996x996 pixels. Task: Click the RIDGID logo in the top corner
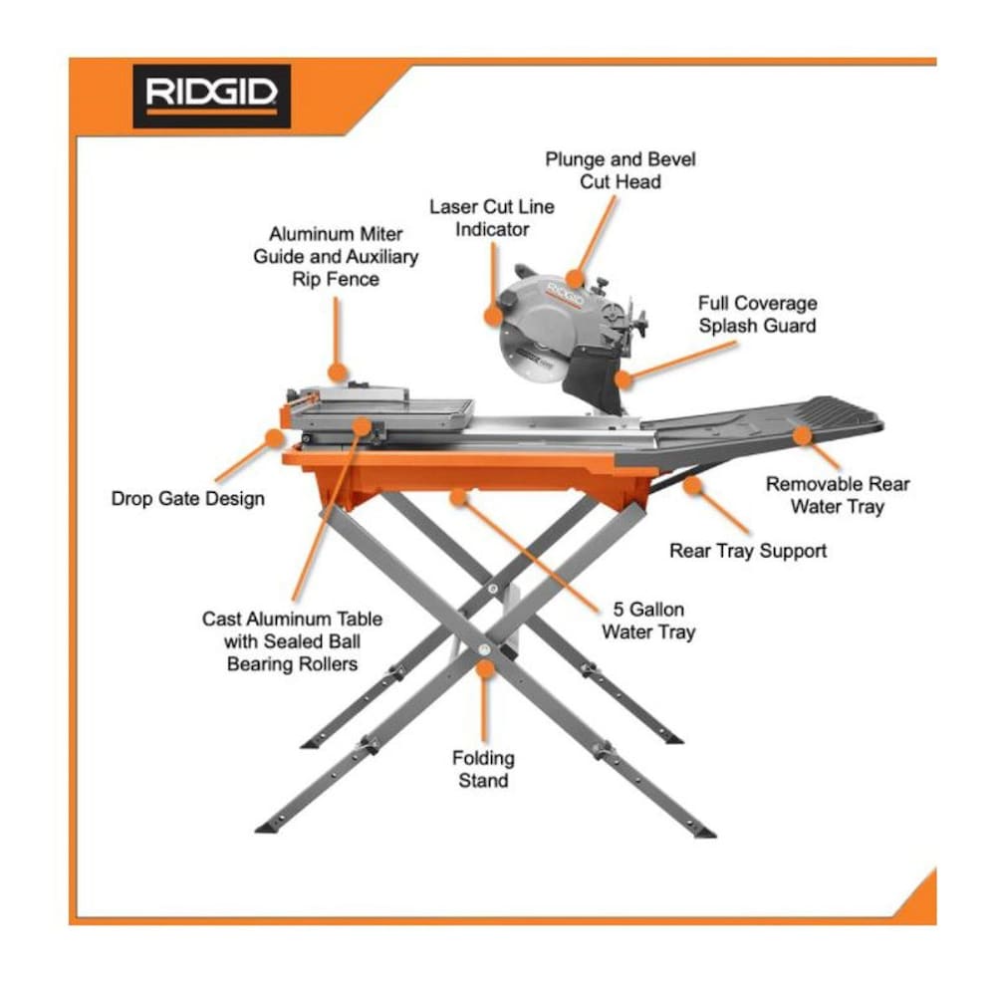(211, 96)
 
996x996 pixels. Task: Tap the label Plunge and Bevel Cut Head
(620, 170)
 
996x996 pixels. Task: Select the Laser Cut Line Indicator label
(492, 218)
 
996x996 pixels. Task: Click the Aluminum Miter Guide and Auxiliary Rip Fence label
(336, 257)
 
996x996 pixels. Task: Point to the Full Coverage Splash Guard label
(757, 315)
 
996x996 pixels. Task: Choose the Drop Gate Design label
(188, 499)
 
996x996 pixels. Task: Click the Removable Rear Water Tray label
(838, 495)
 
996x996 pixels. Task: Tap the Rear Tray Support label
(748, 551)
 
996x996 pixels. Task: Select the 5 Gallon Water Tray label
(648, 621)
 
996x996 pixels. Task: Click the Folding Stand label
(483, 769)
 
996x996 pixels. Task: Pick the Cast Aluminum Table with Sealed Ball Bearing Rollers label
(292, 641)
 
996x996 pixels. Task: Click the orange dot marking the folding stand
(485, 669)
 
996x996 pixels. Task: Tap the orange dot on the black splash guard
(623, 379)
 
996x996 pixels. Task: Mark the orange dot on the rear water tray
(802, 435)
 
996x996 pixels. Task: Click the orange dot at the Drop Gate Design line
(275, 437)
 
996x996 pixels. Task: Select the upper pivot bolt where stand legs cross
(492, 589)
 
